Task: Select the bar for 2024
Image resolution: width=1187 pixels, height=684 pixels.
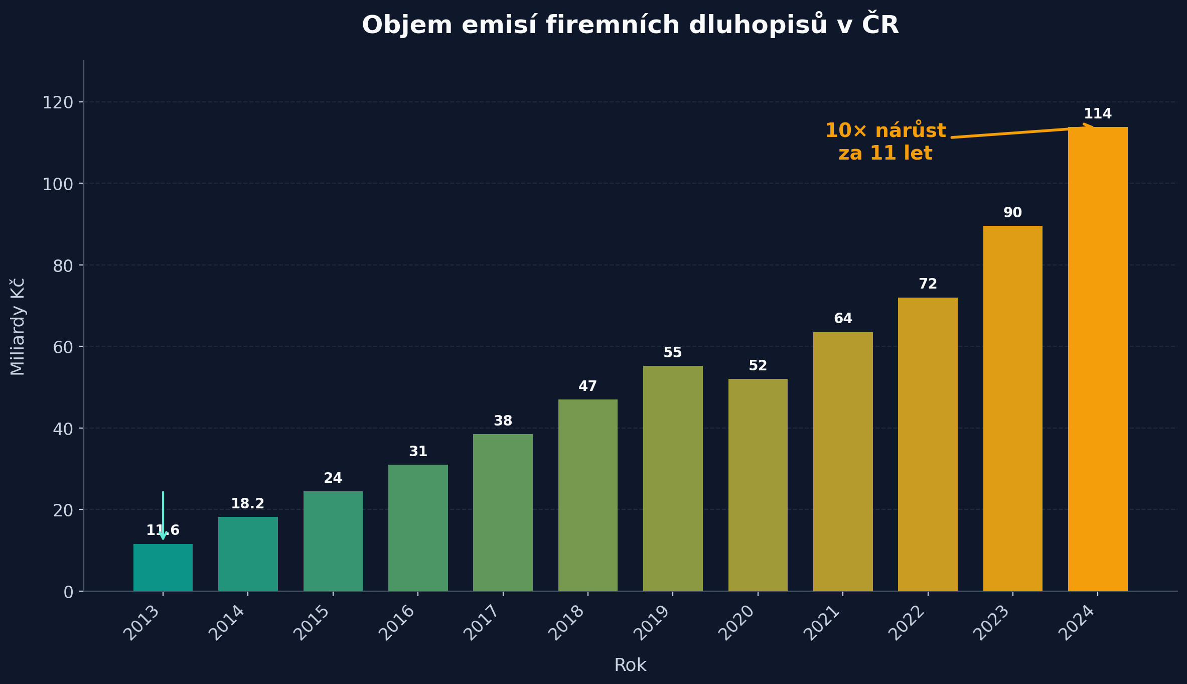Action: pos(1098,359)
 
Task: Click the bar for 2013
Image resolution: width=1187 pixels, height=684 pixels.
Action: pos(163,568)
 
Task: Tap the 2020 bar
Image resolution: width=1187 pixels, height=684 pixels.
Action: pos(758,485)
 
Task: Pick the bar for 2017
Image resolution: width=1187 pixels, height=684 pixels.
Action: pos(503,512)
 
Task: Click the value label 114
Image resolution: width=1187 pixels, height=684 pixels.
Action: pos(1098,114)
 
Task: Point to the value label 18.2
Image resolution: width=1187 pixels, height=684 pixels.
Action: pos(247,504)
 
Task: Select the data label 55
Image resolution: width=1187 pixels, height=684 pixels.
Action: pos(672,353)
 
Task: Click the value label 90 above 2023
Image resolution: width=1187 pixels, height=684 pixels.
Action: pos(1012,213)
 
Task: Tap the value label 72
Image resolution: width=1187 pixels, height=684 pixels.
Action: pos(928,284)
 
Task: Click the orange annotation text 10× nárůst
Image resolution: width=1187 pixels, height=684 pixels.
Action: pos(885,131)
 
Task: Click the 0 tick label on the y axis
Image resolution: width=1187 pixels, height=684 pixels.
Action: pos(69,592)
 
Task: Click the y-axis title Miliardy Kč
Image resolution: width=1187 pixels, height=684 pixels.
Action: pos(18,327)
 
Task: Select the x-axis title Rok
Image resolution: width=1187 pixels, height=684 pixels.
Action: pos(630,665)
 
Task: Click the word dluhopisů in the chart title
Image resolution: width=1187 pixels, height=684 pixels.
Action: pos(758,25)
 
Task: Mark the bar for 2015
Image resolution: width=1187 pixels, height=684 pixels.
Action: pos(333,541)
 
